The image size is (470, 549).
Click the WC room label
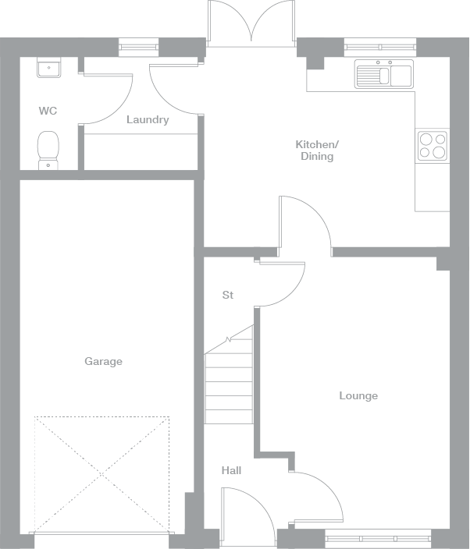click(x=48, y=111)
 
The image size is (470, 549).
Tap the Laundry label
click(x=148, y=120)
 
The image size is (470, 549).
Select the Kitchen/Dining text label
click(x=317, y=151)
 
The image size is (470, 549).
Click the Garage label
click(x=103, y=361)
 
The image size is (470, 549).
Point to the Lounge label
click(x=358, y=395)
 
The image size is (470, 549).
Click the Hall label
click(x=231, y=470)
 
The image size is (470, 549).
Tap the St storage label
click(x=228, y=295)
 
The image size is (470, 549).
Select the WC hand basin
click(x=48, y=69)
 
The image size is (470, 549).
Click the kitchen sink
click(x=383, y=75)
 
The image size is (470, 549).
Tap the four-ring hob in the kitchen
click(x=433, y=145)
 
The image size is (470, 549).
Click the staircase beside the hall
click(x=229, y=382)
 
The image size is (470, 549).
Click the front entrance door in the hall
click(x=246, y=511)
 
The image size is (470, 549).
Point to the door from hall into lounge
click(x=316, y=495)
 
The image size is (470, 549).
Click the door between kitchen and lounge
click(x=304, y=222)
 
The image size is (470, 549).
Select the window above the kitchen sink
click(x=379, y=47)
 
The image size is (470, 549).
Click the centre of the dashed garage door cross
click(x=102, y=473)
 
